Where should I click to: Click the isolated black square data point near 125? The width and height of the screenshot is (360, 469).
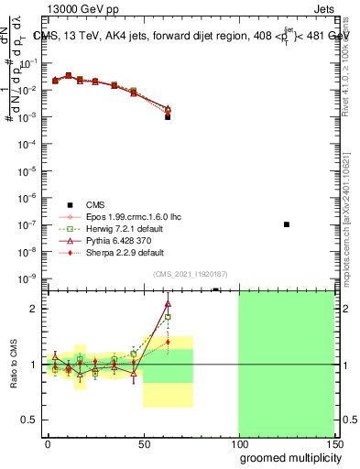click(287, 224)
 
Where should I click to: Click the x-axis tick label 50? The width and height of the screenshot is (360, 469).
click(143, 442)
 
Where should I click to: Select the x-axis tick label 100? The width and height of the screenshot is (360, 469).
click(238, 442)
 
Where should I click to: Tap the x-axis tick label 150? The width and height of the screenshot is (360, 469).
click(333, 442)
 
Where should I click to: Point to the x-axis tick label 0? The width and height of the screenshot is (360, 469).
click(48, 442)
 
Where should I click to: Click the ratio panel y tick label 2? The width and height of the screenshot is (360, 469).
click(34, 309)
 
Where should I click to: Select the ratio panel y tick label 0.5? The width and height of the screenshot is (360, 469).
click(30, 420)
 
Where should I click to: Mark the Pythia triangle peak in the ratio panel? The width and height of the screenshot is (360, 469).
click(168, 304)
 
